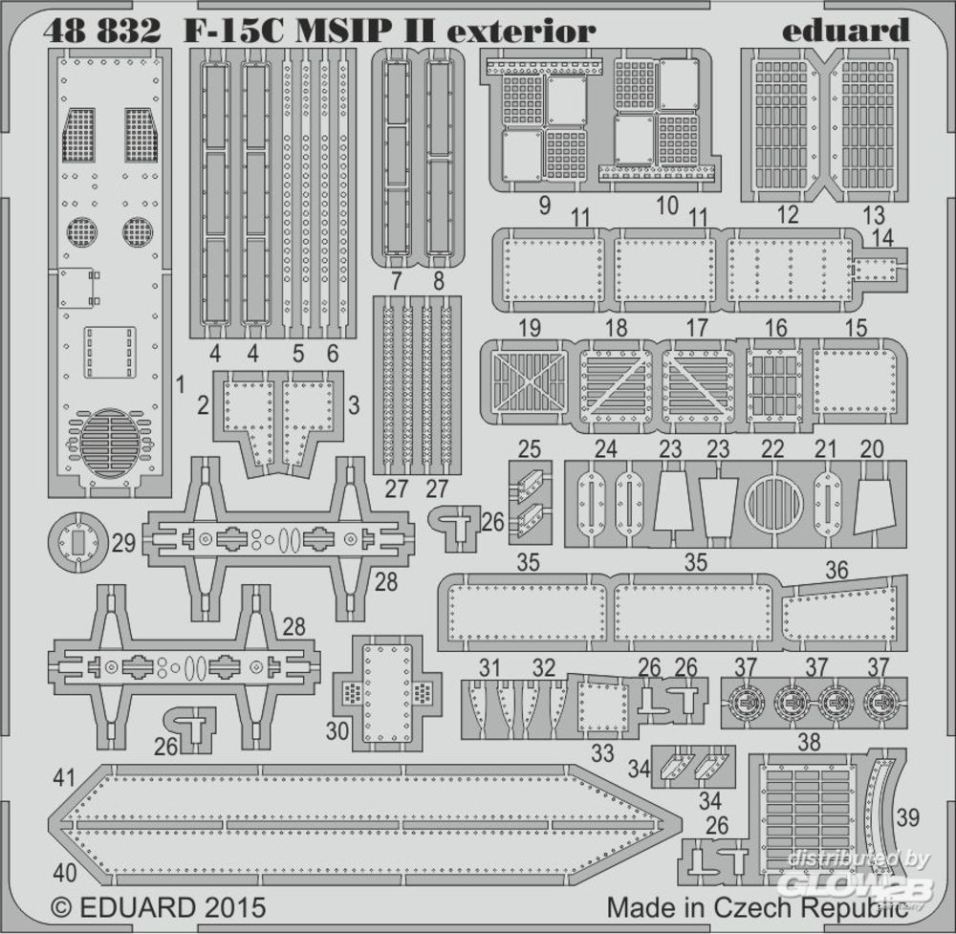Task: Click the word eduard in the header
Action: pos(845,31)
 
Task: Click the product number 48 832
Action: pos(102,31)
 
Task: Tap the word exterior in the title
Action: pos(521,31)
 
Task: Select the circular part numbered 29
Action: pos(78,542)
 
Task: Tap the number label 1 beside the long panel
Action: pos(180,384)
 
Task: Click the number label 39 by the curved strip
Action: pos(907,817)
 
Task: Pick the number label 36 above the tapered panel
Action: pos(836,570)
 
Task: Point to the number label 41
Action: pos(64,777)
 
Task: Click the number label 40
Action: pos(65,873)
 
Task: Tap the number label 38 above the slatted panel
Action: pos(809,742)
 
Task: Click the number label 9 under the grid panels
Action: pos(545,206)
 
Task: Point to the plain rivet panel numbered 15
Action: pos(856,381)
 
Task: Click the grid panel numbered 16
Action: pos(775,381)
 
